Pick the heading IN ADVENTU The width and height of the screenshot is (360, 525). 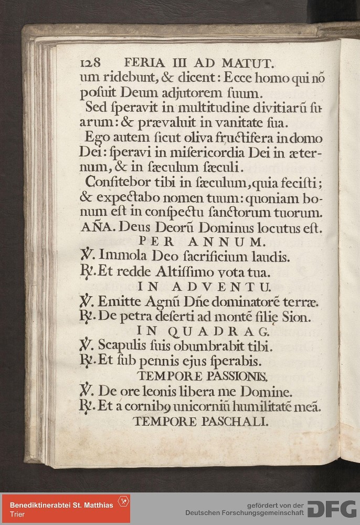(x=204, y=287)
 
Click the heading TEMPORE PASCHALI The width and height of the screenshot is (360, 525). (x=201, y=422)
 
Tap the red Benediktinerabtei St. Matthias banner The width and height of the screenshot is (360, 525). (x=66, y=509)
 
